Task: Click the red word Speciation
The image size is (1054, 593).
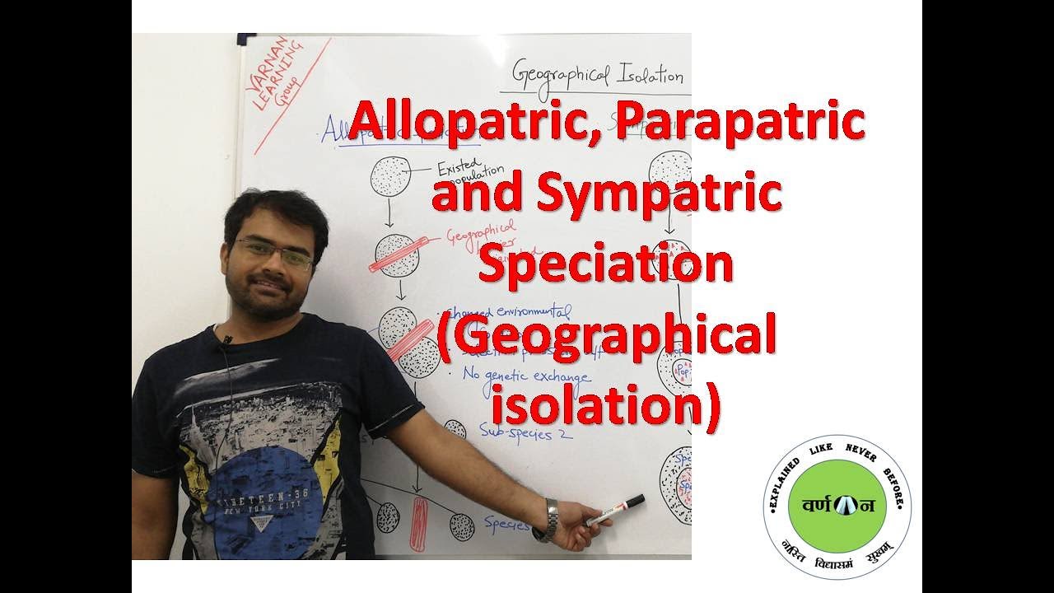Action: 606,265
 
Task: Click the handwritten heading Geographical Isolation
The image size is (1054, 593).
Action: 597,75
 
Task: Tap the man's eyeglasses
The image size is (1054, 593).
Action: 274,253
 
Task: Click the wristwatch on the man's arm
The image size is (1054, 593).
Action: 547,521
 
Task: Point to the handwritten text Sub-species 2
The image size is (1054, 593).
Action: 527,432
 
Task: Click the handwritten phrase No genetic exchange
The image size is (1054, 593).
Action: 527,376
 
